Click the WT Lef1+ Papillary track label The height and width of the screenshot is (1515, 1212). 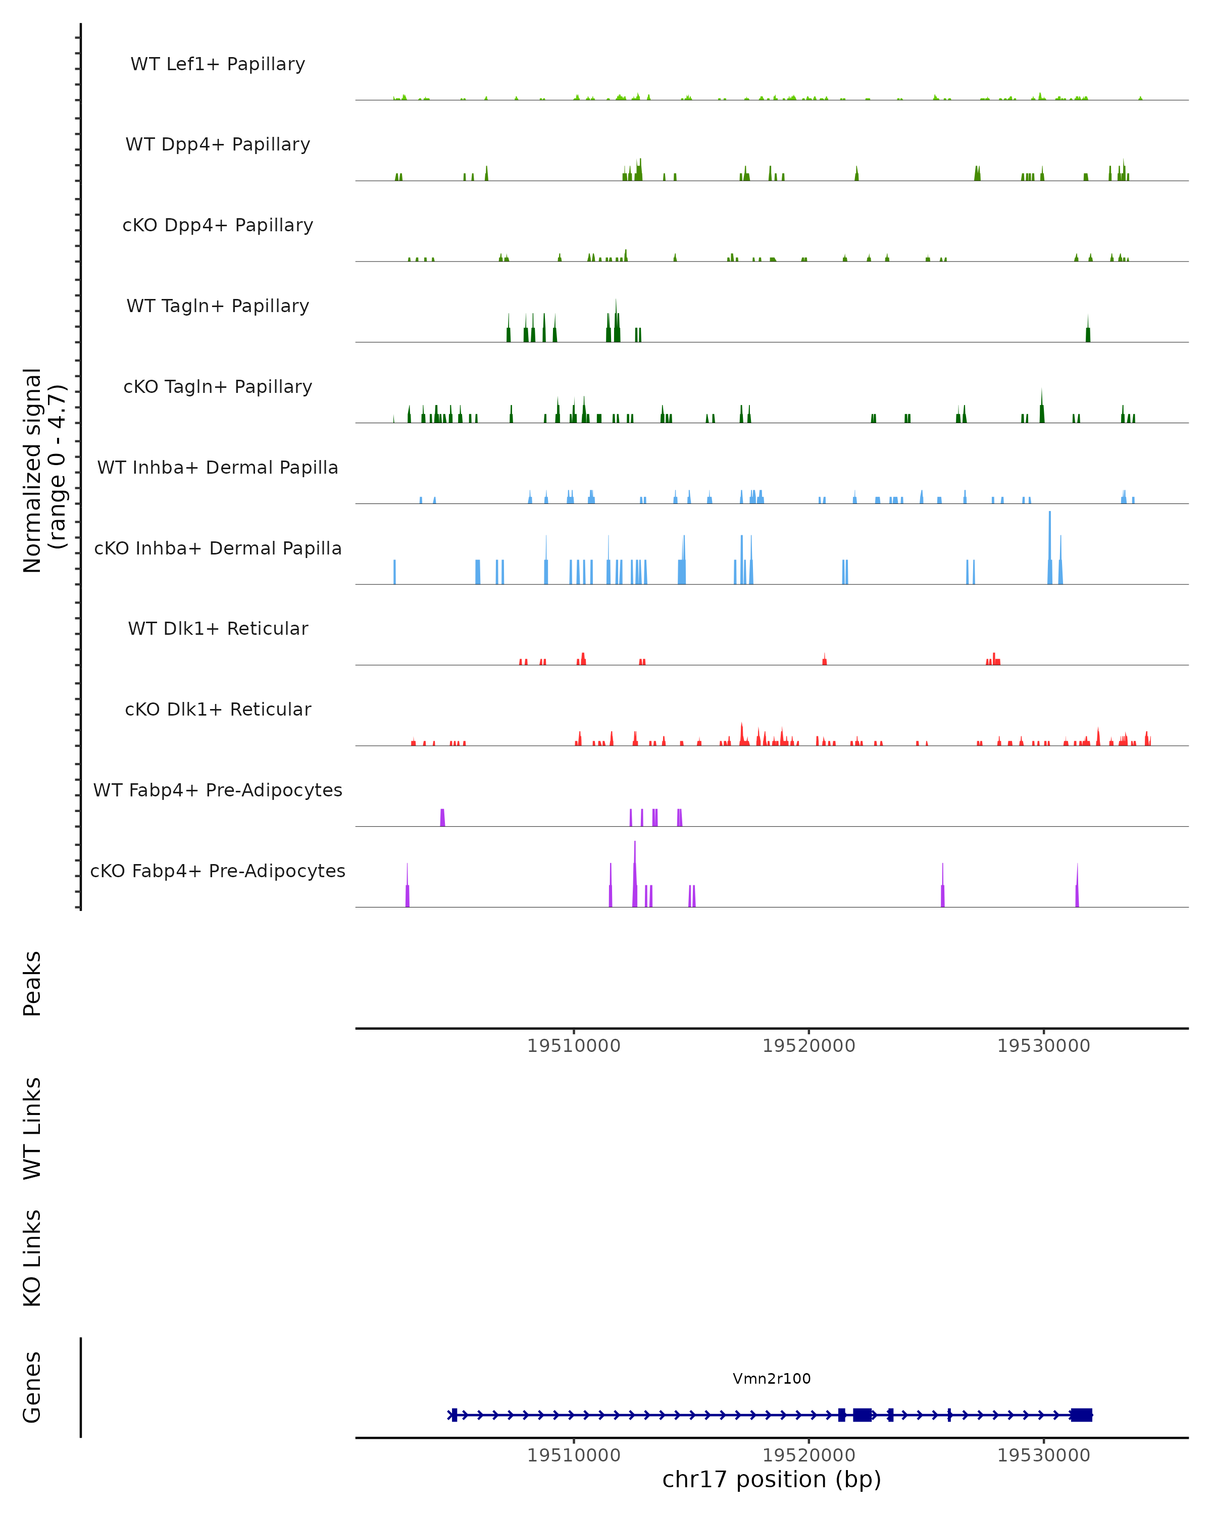(x=218, y=64)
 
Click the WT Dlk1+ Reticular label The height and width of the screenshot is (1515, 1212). (x=218, y=628)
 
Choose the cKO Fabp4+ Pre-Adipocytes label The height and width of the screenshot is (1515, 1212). (x=218, y=871)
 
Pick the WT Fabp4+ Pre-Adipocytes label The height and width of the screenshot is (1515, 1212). (x=218, y=790)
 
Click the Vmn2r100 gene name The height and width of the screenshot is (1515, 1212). (x=772, y=1378)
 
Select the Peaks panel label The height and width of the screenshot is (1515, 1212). (x=32, y=983)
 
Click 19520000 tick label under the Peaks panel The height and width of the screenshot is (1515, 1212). (x=809, y=1046)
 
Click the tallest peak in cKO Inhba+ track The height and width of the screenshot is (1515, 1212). (x=1050, y=548)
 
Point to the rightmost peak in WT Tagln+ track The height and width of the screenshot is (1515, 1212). (x=1088, y=330)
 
